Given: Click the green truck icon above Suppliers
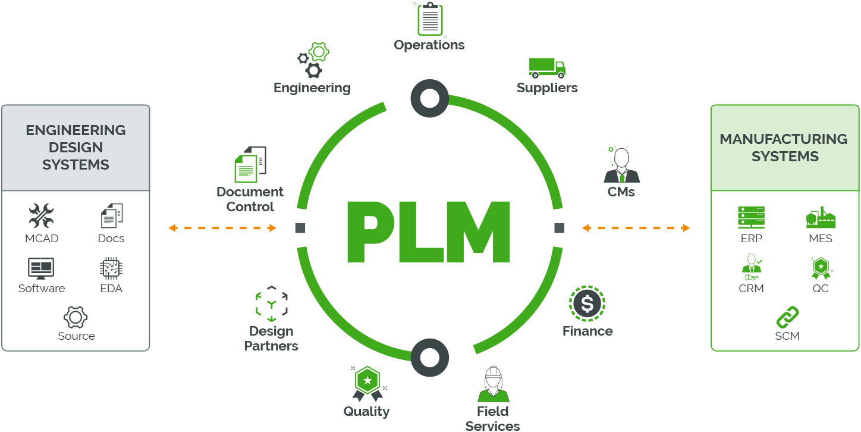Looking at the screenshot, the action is (546, 68).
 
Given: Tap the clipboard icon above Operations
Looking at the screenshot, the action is (430, 19).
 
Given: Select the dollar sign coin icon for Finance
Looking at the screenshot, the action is (587, 303).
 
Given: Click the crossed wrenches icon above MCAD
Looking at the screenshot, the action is (41, 215).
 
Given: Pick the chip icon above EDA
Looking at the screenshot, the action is (111, 268).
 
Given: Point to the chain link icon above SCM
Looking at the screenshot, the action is (787, 317).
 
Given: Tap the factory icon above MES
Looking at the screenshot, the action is (821, 217).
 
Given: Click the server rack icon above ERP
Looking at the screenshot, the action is (751, 217).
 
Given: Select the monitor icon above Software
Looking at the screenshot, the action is (41, 268).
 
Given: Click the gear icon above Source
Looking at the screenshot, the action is (76, 317).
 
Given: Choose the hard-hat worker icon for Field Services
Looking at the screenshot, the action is (493, 384).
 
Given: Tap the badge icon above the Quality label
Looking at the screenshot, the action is (367, 384).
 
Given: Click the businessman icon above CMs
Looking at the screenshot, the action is (621, 165).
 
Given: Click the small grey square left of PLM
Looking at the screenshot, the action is (300, 228).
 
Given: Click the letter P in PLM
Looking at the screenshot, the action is (370, 232).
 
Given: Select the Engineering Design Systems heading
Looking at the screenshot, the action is (76, 148).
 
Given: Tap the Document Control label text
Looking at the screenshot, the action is (250, 199).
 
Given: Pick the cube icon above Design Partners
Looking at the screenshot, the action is (271, 303).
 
